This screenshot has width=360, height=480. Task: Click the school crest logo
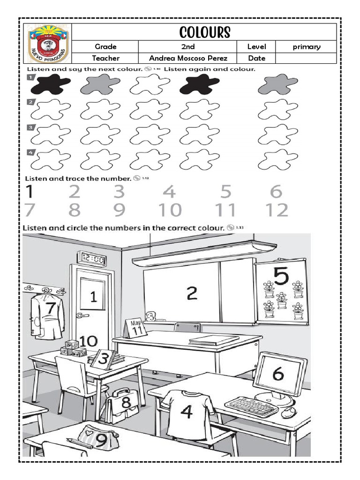pos(48,45)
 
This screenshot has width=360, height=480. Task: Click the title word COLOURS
pos(204,32)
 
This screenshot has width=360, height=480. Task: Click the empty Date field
pos(306,59)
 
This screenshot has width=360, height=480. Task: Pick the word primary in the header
pos(306,46)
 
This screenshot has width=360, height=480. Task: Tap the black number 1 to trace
pos(29,191)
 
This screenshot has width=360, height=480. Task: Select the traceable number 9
pos(120,210)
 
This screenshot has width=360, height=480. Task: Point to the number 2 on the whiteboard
pos(192,293)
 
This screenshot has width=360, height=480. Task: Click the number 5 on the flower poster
pos(281,277)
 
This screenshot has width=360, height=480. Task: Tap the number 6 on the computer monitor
pos(278,374)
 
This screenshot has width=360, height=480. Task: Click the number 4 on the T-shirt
pos(187,412)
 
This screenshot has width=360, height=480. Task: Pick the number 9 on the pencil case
pos(101,439)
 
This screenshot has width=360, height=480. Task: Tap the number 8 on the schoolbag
pos(126,402)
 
